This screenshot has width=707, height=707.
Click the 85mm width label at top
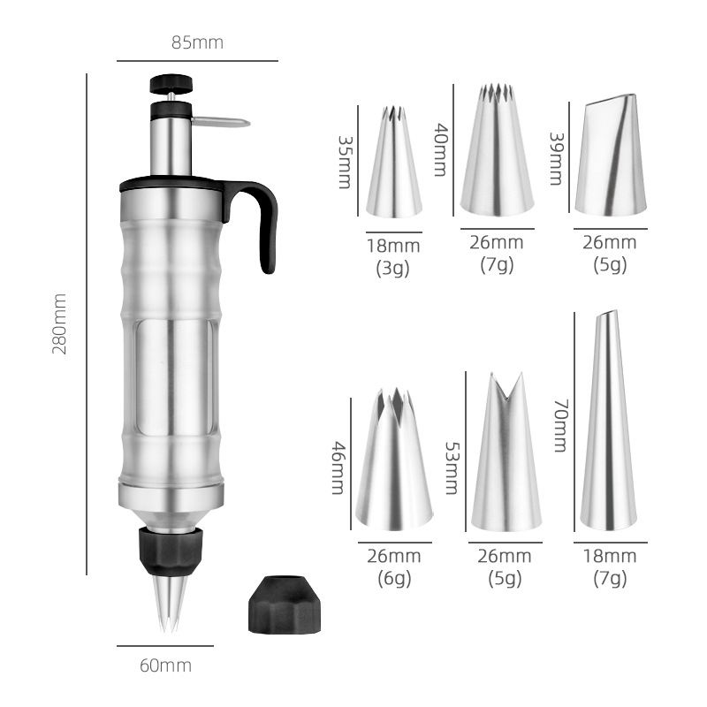click(x=197, y=42)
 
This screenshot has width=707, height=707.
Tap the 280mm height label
click(x=60, y=324)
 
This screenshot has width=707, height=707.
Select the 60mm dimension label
click(x=165, y=665)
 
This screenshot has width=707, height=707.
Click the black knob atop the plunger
click(x=171, y=84)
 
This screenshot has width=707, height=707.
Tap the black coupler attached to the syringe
click(x=170, y=548)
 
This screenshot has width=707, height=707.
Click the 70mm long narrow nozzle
click(x=608, y=424)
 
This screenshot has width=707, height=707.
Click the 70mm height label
click(x=559, y=424)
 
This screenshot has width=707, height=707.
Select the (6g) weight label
click(x=394, y=579)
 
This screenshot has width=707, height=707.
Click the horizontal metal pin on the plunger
click(x=221, y=122)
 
